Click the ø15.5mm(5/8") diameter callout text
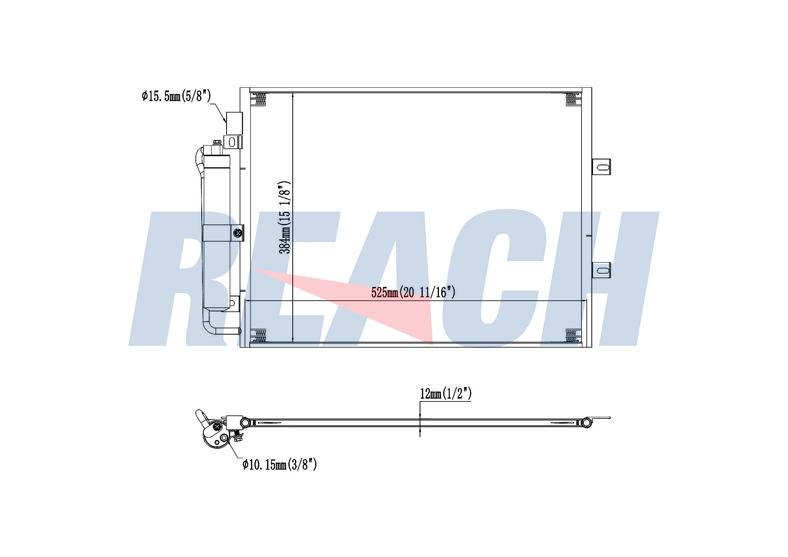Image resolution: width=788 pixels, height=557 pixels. [176, 96]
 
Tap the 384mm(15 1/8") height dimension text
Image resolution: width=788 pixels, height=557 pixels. [284, 217]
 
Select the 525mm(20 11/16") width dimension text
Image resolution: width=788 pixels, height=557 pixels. [413, 292]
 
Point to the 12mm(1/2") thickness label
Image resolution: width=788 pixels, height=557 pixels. [446, 393]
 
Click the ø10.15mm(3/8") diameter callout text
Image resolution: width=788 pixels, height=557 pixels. [280, 464]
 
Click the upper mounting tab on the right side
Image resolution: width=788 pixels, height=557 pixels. [602, 167]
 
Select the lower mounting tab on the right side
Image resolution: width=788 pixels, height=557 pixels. [602, 270]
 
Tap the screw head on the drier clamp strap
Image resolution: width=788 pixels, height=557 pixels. [238, 233]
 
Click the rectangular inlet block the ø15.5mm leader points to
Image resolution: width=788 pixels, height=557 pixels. [234, 123]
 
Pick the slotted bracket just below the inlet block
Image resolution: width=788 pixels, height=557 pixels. [232, 142]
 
